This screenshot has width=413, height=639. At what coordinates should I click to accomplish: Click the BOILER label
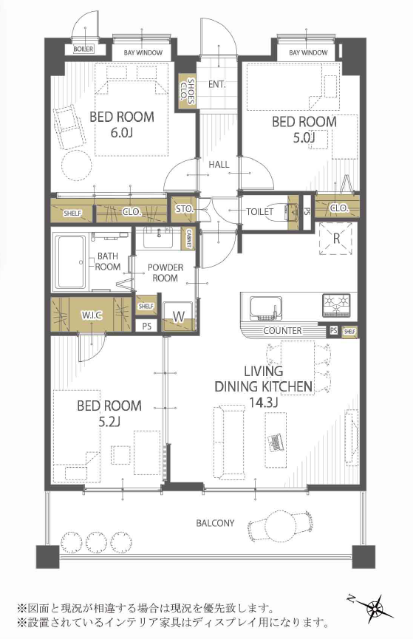(83, 49)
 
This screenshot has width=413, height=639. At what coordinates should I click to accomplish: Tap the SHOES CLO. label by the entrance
(187, 91)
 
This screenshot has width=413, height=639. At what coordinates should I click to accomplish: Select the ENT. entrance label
(217, 84)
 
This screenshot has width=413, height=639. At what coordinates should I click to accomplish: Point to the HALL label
(219, 165)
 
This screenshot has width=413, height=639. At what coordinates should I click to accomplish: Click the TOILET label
(260, 211)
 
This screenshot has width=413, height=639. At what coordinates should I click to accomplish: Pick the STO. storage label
(184, 209)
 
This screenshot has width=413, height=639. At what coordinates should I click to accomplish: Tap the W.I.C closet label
(92, 315)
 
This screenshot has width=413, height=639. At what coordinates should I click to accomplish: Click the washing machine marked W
(178, 316)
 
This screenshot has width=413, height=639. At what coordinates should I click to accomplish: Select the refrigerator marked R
(336, 239)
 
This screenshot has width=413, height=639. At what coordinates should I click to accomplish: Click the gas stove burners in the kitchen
(336, 305)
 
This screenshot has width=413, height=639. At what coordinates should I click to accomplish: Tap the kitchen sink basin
(266, 307)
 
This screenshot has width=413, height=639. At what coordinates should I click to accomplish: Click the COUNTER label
(282, 330)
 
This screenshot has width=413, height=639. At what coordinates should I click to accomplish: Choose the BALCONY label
(215, 523)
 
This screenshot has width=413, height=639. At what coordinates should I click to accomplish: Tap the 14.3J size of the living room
(263, 402)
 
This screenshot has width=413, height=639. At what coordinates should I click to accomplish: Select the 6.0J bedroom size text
(122, 132)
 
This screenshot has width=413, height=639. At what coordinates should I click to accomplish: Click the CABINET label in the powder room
(188, 239)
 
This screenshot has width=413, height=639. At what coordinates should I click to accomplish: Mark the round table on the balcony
(281, 523)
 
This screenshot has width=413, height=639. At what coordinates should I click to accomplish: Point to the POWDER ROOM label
(165, 273)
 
